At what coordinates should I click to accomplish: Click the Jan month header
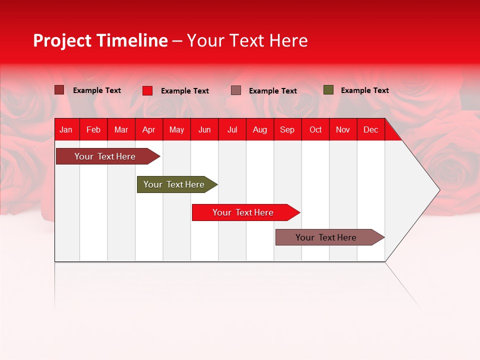pyautogui.click(x=66, y=130)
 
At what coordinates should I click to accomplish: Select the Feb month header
pyautogui.click(x=93, y=130)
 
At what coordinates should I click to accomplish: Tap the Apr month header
pyautogui.click(x=148, y=130)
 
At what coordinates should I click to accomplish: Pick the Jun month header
pyautogui.click(x=204, y=130)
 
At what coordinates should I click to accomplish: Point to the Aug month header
pyautogui.click(x=259, y=130)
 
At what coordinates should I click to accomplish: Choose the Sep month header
pyautogui.click(x=287, y=130)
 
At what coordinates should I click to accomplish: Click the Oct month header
pyautogui.click(x=315, y=130)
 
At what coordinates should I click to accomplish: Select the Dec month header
pyautogui.click(x=370, y=130)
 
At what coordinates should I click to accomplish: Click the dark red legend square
pyautogui.click(x=59, y=90)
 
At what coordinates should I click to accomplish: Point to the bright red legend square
pyautogui.click(x=147, y=90)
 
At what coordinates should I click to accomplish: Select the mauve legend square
pyautogui.click(x=236, y=90)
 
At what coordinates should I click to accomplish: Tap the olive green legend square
pyautogui.click(x=328, y=90)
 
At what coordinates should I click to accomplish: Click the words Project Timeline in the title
pyautogui.click(x=100, y=40)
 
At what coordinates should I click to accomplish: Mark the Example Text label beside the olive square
pyautogui.click(x=365, y=90)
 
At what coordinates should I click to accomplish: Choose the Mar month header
pyautogui.click(x=121, y=130)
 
